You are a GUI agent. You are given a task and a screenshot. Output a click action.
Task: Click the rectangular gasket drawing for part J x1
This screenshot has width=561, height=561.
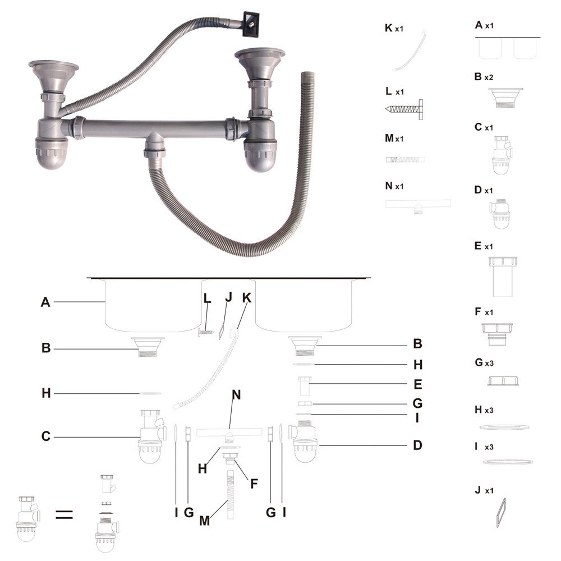pyautogui.click(x=501, y=512)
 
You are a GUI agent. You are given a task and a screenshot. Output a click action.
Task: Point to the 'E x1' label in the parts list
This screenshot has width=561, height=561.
pyautogui.click(x=484, y=246)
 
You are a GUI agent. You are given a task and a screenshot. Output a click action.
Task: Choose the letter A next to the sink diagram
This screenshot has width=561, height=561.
pyautogui.click(x=46, y=302)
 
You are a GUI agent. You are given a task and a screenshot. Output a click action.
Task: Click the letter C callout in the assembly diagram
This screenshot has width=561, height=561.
pyautogui.click(x=47, y=436)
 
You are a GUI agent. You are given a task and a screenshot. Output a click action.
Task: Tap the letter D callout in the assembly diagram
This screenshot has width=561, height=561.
pyautogui.click(x=417, y=445)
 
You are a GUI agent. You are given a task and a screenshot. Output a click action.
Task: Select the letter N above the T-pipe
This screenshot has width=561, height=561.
pyautogui.click(x=236, y=394)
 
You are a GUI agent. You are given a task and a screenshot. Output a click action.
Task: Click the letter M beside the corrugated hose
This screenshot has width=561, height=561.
pyautogui.click(x=205, y=521)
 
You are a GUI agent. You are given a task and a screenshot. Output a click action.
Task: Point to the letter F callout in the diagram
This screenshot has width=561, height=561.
pyautogui.click(x=254, y=482)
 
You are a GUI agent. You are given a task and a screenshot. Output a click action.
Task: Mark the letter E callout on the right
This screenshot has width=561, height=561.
pyautogui.click(x=417, y=385)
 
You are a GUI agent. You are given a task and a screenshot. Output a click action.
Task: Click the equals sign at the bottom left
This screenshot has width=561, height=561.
pyautogui.click(x=65, y=514)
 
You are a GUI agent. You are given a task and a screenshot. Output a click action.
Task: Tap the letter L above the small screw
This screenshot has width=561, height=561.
pyautogui.click(x=207, y=299)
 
